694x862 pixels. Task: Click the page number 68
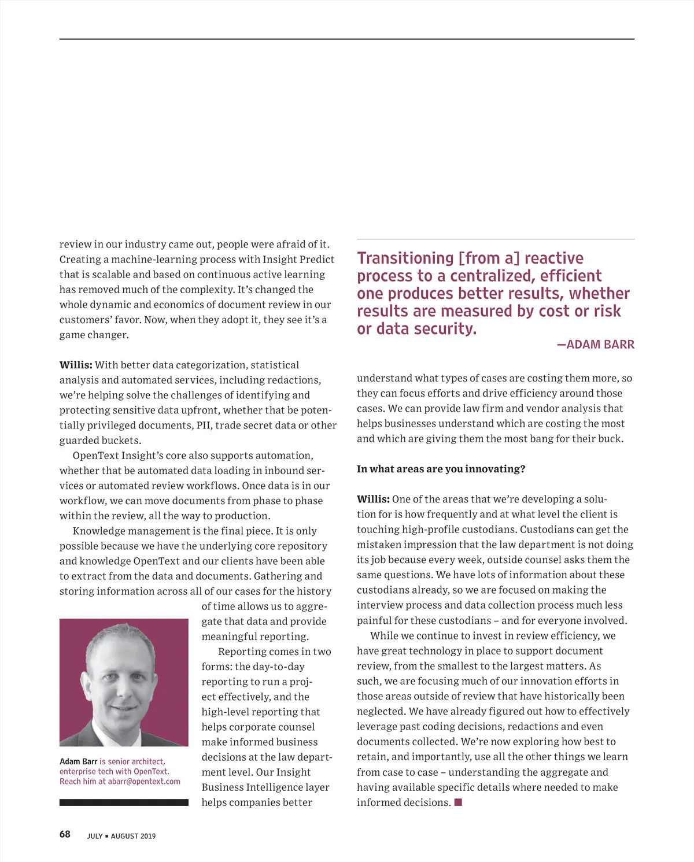(65, 834)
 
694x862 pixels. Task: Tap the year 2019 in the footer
(148, 836)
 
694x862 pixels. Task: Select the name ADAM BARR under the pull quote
(600, 345)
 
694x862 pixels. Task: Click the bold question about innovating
(441, 469)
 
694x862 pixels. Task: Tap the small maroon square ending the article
(458, 802)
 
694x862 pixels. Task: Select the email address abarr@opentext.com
(144, 782)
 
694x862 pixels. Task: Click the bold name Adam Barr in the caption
(78, 761)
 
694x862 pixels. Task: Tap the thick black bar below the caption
(124, 802)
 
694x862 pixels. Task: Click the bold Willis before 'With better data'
(76, 365)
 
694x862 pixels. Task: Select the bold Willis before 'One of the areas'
(373, 499)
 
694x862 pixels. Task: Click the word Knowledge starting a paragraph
(98, 531)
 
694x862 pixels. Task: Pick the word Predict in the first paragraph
(316, 260)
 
